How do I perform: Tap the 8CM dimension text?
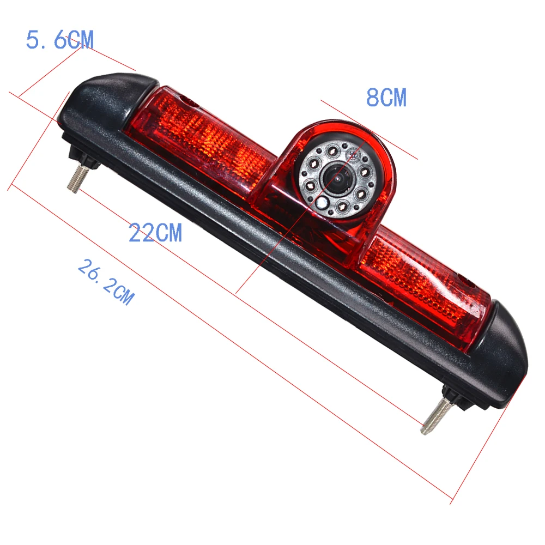click(386, 98)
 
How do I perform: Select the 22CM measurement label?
click(155, 233)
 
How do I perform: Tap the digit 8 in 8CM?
click(372, 98)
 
